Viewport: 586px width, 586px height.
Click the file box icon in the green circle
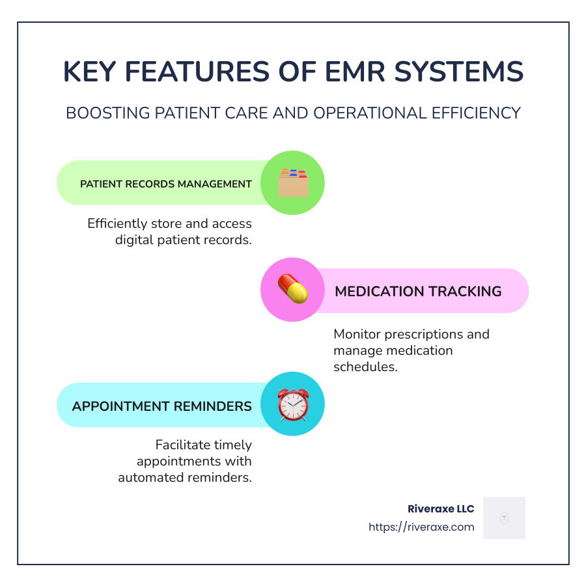point(292,183)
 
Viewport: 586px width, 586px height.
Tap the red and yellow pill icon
point(292,290)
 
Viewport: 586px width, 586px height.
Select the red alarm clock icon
point(292,404)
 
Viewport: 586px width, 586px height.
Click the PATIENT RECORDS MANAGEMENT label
point(166,184)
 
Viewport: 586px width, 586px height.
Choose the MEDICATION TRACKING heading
point(418,291)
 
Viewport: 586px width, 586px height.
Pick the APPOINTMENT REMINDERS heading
point(162,406)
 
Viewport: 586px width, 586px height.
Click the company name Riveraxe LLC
point(440,509)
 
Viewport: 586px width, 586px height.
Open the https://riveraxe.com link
point(421,527)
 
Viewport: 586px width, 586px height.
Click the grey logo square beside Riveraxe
point(504,518)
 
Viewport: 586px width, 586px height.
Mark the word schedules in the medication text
point(365,367)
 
